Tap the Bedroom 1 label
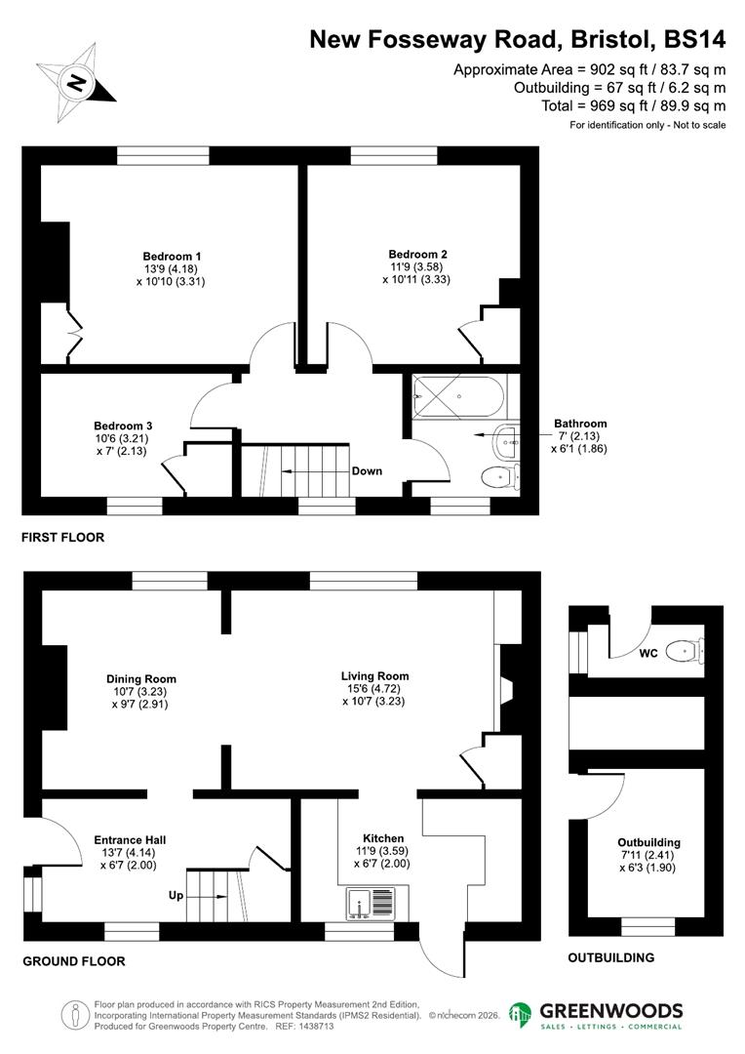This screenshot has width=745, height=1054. [x=165, y=257]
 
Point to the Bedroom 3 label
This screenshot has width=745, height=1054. [x=123, y=426]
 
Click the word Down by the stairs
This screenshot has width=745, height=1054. [x=367, y=471]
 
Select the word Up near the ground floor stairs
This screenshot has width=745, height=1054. [x=176, y=895]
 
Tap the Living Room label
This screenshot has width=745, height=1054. [x=374, y=675]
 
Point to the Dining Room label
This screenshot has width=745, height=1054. [x=141, y=679]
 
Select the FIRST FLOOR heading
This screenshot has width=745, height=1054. [x=63, y=538]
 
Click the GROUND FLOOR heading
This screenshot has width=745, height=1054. [x=74, y=961]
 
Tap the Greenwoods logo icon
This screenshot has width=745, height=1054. [x=522, y=1015]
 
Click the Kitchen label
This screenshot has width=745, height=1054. [x=383, y=838]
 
